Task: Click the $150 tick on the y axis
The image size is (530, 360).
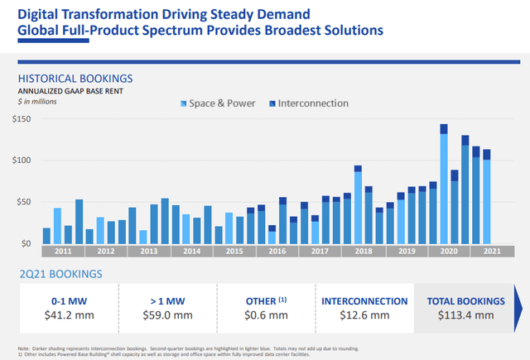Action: [22, 119]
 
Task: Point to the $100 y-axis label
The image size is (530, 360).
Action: [22, 161]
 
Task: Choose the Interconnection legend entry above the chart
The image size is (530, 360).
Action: [307, 103]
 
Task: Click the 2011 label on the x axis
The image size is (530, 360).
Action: [63, 252]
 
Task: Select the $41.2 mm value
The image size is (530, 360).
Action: [69, 315]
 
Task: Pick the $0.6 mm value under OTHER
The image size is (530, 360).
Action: [266, 315]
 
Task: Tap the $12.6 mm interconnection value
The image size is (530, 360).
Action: [364, 315]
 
